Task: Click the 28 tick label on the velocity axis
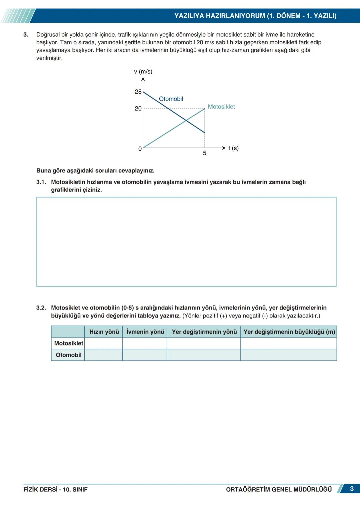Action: (138, 92)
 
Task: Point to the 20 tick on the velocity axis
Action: (138, 109)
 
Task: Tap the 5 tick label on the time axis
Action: (205, 153)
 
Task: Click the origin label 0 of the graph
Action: (140, 149)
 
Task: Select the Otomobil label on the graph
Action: (171, 99)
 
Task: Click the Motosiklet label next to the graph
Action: (221, 107)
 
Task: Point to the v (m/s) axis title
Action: (143, 72)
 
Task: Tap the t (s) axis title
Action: (233, 148)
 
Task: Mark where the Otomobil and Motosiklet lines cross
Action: (186, 120)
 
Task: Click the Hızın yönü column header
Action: (104, 332)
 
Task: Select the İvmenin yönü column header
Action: (145, 332)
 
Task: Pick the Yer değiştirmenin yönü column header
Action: (204, 332)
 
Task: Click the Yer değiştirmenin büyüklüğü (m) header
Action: (289, 332)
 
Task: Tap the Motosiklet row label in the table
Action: (68, 343)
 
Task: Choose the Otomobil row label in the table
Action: (68, 355)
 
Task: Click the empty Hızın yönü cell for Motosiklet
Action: (104, 343)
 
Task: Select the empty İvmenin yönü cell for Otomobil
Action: (145, 355)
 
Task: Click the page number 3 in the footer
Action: (352, 489)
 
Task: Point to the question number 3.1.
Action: (41, 182)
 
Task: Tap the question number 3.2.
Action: (41, 308)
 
